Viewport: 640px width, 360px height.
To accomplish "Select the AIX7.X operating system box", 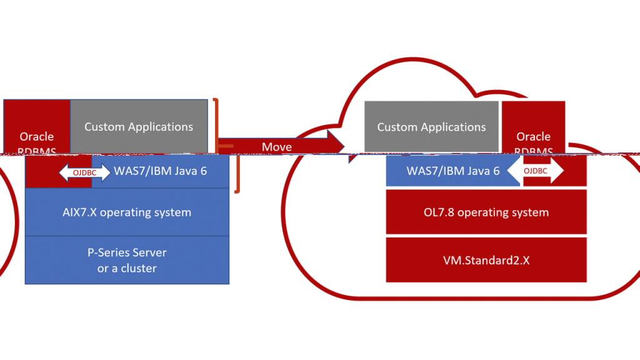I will pos(127,212).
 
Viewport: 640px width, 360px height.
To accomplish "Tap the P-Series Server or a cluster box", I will pos(127,260).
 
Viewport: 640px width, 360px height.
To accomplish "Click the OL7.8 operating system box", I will pos(486,212).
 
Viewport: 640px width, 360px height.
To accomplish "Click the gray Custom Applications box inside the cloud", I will pos(431,127).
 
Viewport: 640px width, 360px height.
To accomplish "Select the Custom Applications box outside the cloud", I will pos(139,127).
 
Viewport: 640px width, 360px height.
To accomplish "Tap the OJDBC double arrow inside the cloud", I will pos(535,171).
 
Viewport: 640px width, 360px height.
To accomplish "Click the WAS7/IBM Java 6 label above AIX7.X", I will pos(160,171).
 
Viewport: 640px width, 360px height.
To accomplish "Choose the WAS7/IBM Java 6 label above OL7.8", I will pos(453,171).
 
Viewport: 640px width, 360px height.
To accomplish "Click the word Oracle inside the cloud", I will pos(533,136).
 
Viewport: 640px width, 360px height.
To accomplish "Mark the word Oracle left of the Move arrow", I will pos(37,136).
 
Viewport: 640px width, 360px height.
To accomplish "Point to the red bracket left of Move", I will pos(217,125).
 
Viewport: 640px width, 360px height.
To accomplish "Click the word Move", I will pos(276,147).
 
